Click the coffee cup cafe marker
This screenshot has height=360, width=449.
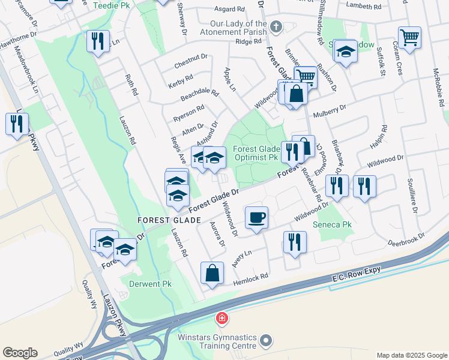pos(256,217)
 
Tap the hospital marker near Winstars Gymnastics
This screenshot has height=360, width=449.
pos(221,317)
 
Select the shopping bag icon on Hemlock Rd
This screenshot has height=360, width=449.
pos(212,273)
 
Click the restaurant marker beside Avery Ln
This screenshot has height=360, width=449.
pos(295,242)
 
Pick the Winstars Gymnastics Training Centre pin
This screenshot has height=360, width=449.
pos(266,342)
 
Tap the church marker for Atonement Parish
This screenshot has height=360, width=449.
pos(276,26)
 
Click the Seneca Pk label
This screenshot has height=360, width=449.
pos(331,225)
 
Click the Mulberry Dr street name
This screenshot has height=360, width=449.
pos(335,108)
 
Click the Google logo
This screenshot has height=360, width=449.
pos(20,353)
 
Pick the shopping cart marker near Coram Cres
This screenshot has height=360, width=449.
pos(409,38)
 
